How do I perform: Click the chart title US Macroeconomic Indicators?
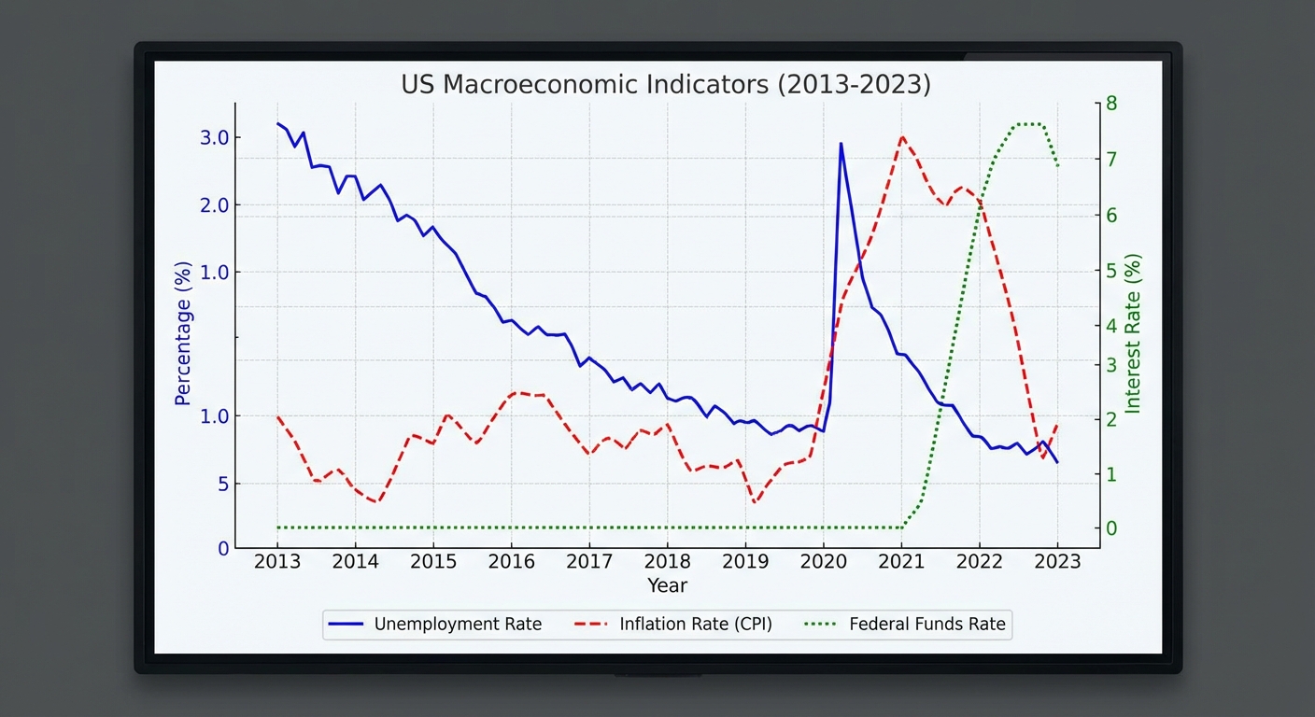665,84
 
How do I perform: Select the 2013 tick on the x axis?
277,561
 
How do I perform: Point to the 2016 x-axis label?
511,561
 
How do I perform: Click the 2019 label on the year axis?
745,561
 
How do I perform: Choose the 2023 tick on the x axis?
1057,561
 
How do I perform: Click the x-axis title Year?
667,585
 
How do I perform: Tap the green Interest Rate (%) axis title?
1133,333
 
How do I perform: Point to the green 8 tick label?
1111,103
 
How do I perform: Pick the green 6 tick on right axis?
1111,215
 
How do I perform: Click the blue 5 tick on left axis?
223,484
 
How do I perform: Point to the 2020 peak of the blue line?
841,144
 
